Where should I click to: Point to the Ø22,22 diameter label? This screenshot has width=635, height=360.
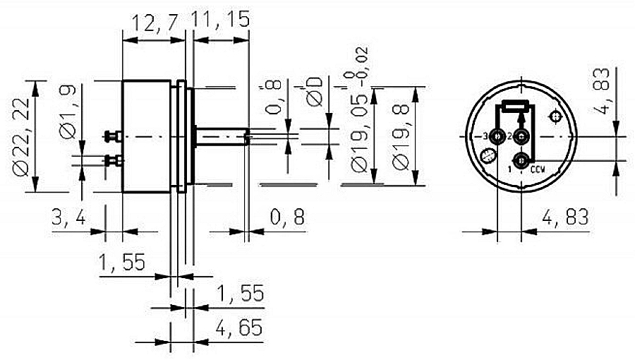tap(21, 135)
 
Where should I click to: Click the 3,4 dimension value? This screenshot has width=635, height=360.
tap(69, 219)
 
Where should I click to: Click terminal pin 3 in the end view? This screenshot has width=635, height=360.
tap(498, 136)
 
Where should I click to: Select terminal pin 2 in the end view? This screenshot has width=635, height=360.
tap(521, 136)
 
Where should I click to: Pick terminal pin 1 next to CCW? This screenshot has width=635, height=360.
tap(521, 162)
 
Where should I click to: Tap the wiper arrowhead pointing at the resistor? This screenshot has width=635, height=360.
tap(521, 118)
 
